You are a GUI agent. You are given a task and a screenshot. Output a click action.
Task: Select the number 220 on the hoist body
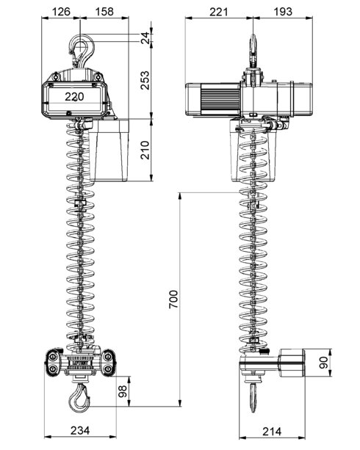[73, 96]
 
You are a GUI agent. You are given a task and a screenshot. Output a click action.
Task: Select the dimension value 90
[342, 363]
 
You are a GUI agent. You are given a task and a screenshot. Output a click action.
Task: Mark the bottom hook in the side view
[251, 396]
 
